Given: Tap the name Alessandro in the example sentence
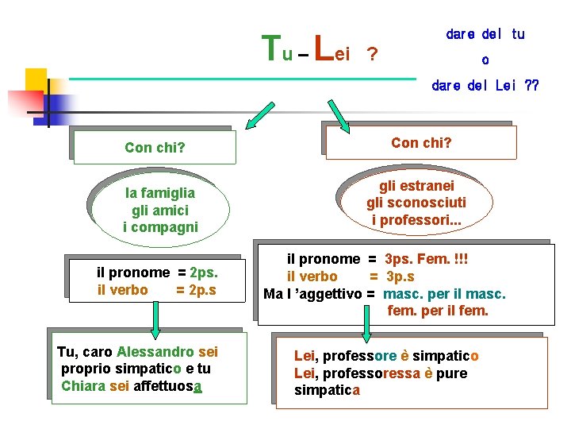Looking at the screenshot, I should click(155, 351).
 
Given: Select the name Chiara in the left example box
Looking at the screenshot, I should click(82, 386).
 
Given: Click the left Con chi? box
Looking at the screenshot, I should click(155, 147).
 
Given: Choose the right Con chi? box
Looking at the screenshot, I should click(421, 142).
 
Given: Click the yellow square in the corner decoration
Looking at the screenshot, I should click(36, 79).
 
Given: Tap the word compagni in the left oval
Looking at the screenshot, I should click(161, 227).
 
